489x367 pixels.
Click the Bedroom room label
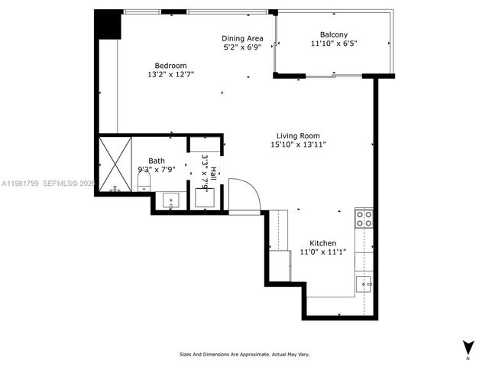(x=170, y=66)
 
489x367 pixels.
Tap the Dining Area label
(x=243, y=38)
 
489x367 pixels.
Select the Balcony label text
(x=334, y=34)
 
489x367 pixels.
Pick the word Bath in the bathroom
(x=156, y=161)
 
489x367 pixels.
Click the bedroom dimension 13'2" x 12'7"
(x=170, y=75)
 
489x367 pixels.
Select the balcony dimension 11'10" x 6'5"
(x=334, y=44)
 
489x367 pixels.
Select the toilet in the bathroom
(x=143, y=181)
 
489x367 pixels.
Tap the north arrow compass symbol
(x=467, y=346)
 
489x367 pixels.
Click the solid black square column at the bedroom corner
(x=108, y=24)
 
